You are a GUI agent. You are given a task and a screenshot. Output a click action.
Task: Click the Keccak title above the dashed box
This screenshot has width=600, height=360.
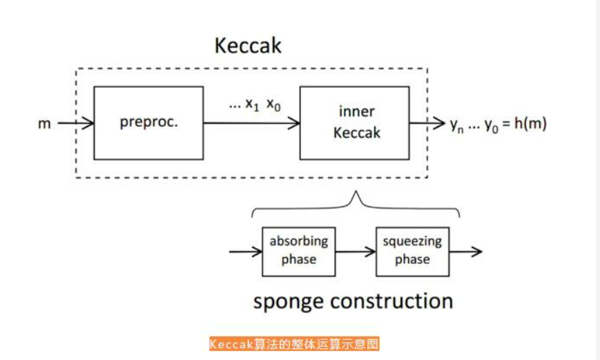click(248, 46)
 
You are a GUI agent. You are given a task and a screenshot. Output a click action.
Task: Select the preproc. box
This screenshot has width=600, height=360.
click(148, 123)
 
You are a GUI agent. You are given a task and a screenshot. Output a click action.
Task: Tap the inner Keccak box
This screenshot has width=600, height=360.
click(355, 123)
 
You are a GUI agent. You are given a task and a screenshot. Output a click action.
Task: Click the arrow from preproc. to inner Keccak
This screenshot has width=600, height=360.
click(251, 124)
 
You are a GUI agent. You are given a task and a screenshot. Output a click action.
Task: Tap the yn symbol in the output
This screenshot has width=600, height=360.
click(456, 125)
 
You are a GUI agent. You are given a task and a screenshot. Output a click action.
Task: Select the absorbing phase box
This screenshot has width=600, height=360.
click(298, 251)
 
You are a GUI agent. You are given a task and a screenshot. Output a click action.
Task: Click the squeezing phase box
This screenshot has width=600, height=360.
click(412, 251)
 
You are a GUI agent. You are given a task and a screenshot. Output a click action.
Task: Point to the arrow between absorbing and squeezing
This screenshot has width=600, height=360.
click(356, 252)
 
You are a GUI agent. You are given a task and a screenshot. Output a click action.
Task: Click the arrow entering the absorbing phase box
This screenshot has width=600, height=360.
click(245, 252)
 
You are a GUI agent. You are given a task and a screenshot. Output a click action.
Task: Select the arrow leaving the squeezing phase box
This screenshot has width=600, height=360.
click(465, 252)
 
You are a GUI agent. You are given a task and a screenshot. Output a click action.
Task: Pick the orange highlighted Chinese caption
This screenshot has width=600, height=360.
click(294, 344)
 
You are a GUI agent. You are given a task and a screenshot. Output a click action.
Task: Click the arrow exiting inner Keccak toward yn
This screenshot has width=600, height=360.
click(428, 124)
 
